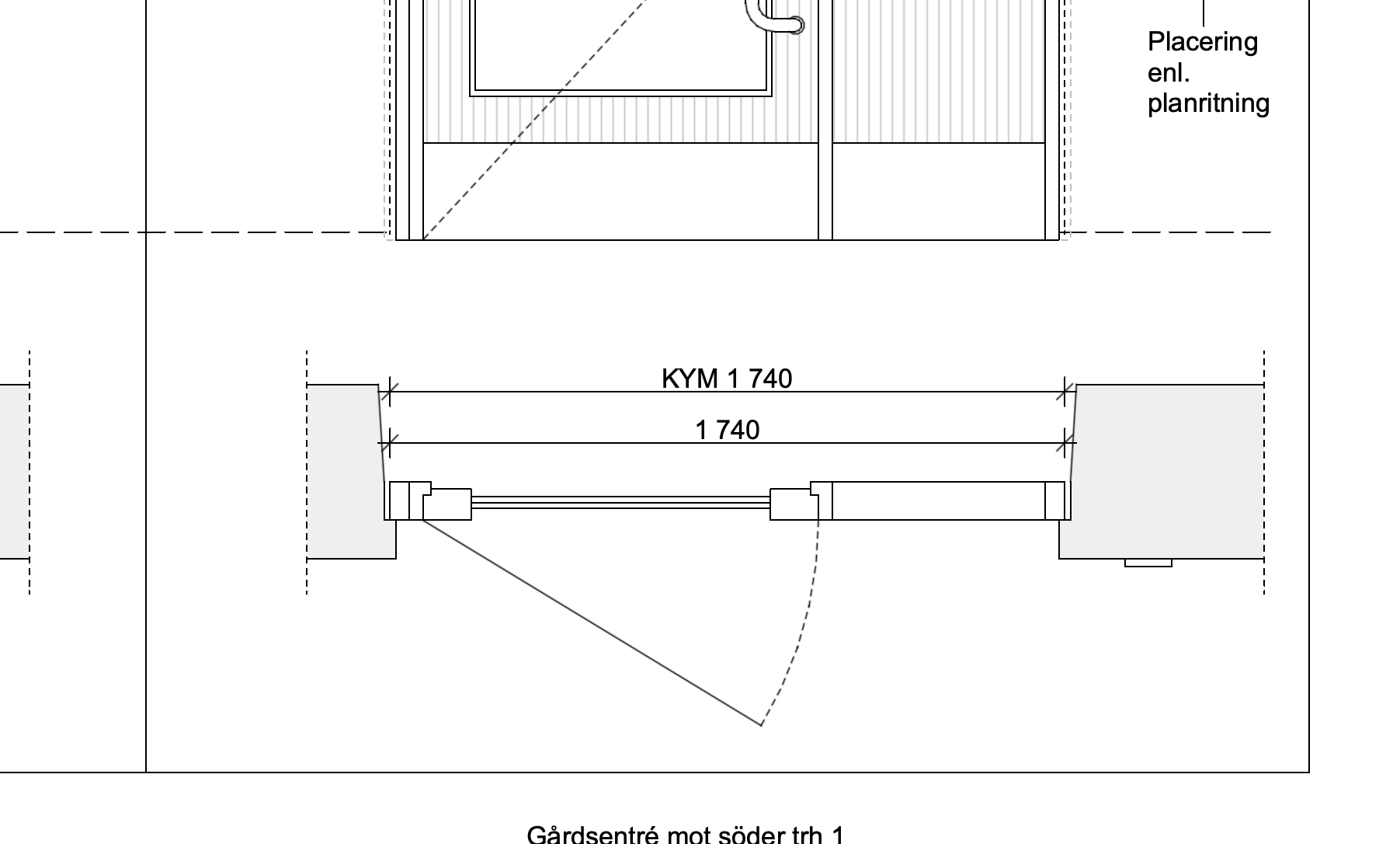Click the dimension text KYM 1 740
coord(727,378)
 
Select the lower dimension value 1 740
coord(727,430)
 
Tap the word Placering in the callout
coord(1202,41)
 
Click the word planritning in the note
coord(1208,103)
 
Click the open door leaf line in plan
coord(590,622)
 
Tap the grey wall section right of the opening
coord(1165,466)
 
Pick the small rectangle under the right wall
coord(1148,563)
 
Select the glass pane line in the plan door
coord(621,502)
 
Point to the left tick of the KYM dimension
coord(389,392)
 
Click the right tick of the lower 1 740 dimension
coord(1065,443)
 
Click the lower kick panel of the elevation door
coord(621,191)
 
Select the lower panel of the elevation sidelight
coord(938,191)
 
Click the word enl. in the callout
coord(1168,73)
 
